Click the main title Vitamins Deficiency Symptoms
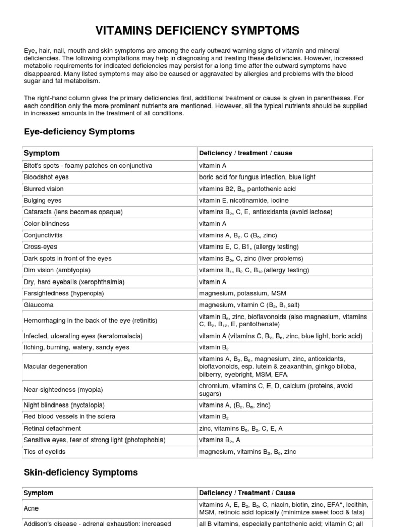[197, 31]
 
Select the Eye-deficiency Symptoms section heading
[79, 132]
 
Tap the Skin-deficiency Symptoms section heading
[81, 472]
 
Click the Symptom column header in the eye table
[42, 153]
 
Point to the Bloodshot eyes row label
[46, 177]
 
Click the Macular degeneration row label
[56, 367]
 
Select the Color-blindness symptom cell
[47, 224]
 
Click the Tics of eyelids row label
[44, 452]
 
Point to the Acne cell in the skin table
[31, 508]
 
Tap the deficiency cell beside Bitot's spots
[212, 166]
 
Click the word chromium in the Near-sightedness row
[213, 386]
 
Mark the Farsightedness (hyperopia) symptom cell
[64, 293]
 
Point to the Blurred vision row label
[44, 189]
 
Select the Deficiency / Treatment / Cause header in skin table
[247, 493]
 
